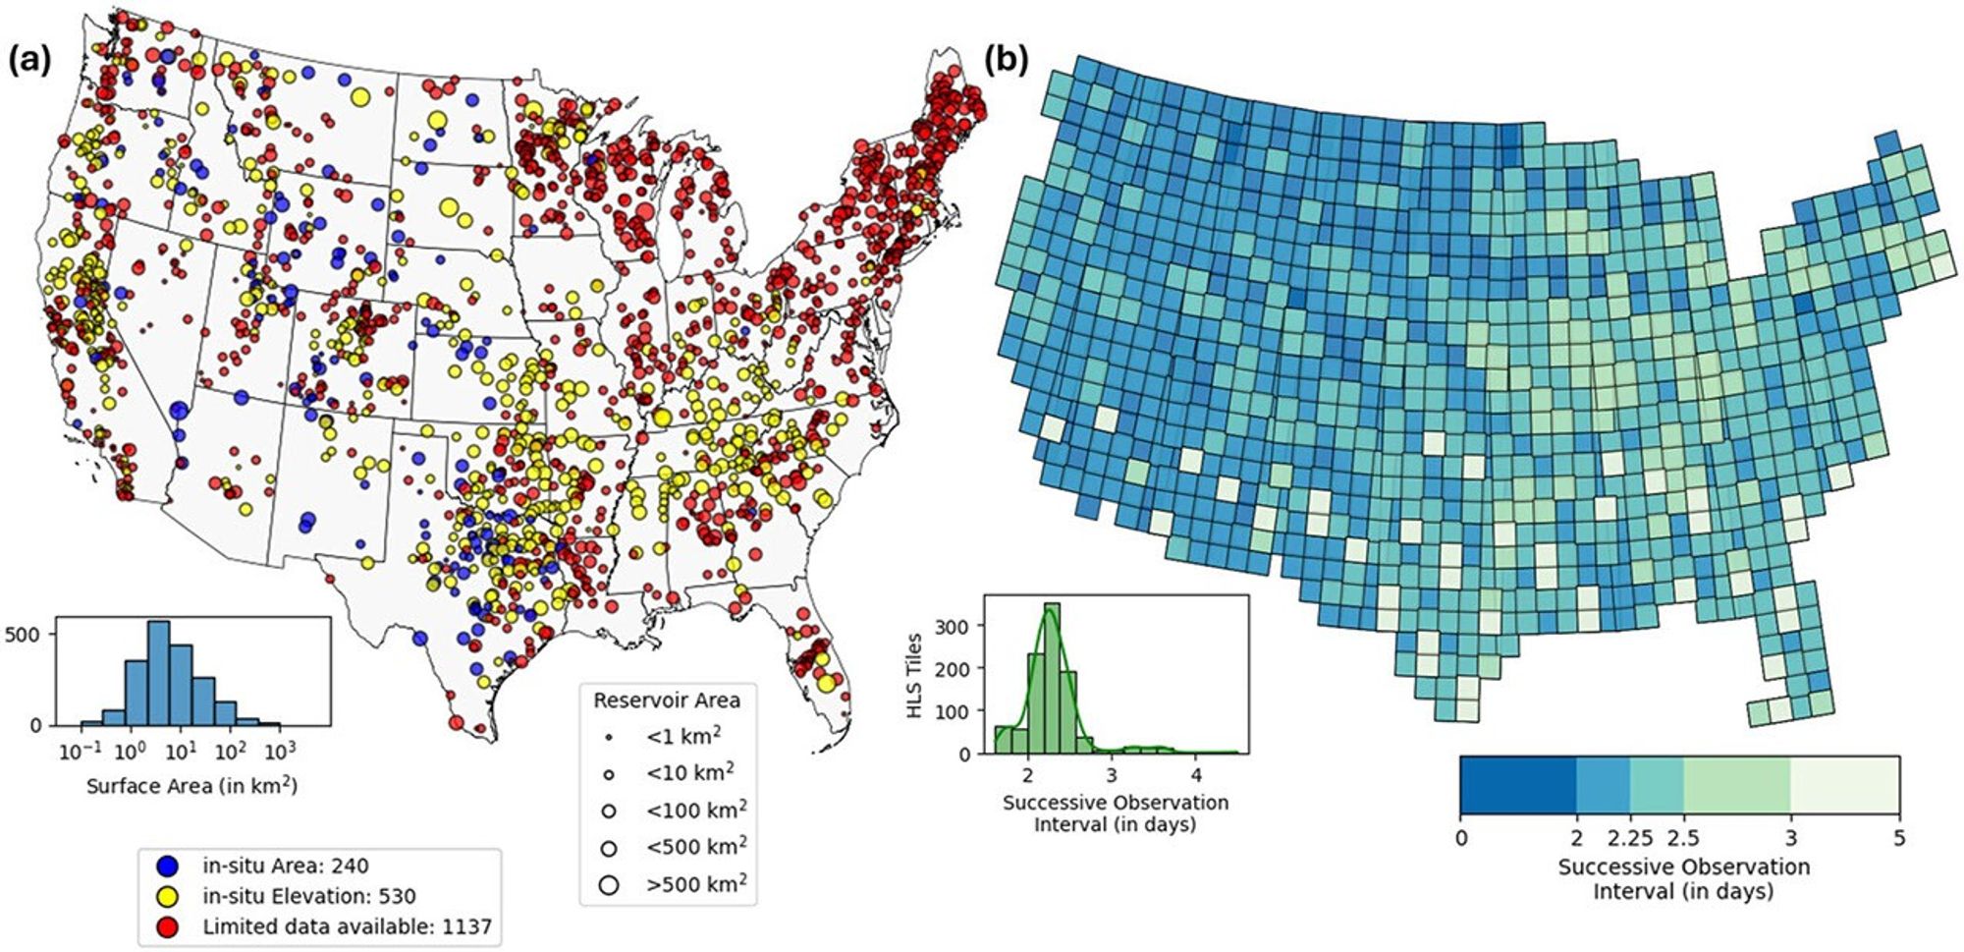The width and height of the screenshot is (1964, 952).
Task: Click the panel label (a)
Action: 28,60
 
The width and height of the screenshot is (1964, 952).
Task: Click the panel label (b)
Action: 1006,60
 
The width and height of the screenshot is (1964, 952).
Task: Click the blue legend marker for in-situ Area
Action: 168,866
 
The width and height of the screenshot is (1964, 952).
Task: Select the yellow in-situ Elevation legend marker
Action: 168,896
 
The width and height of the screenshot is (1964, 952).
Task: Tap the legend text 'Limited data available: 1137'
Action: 347,926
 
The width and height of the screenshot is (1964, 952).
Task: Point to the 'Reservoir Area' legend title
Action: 667,700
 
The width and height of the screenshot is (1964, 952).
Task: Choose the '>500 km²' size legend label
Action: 695,884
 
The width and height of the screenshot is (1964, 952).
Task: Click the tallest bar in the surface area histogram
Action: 158,674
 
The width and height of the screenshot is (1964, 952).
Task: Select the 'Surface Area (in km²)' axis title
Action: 191,786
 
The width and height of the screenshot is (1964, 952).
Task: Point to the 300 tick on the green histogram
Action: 956,626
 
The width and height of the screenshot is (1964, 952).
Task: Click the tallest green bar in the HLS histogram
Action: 1052,678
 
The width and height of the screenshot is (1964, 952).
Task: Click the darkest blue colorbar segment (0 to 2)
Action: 1517,785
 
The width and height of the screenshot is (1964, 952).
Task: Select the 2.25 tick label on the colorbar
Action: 1629,838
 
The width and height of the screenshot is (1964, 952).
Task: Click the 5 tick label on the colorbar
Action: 1898,838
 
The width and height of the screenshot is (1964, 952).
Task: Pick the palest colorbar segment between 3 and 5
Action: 1844,785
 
